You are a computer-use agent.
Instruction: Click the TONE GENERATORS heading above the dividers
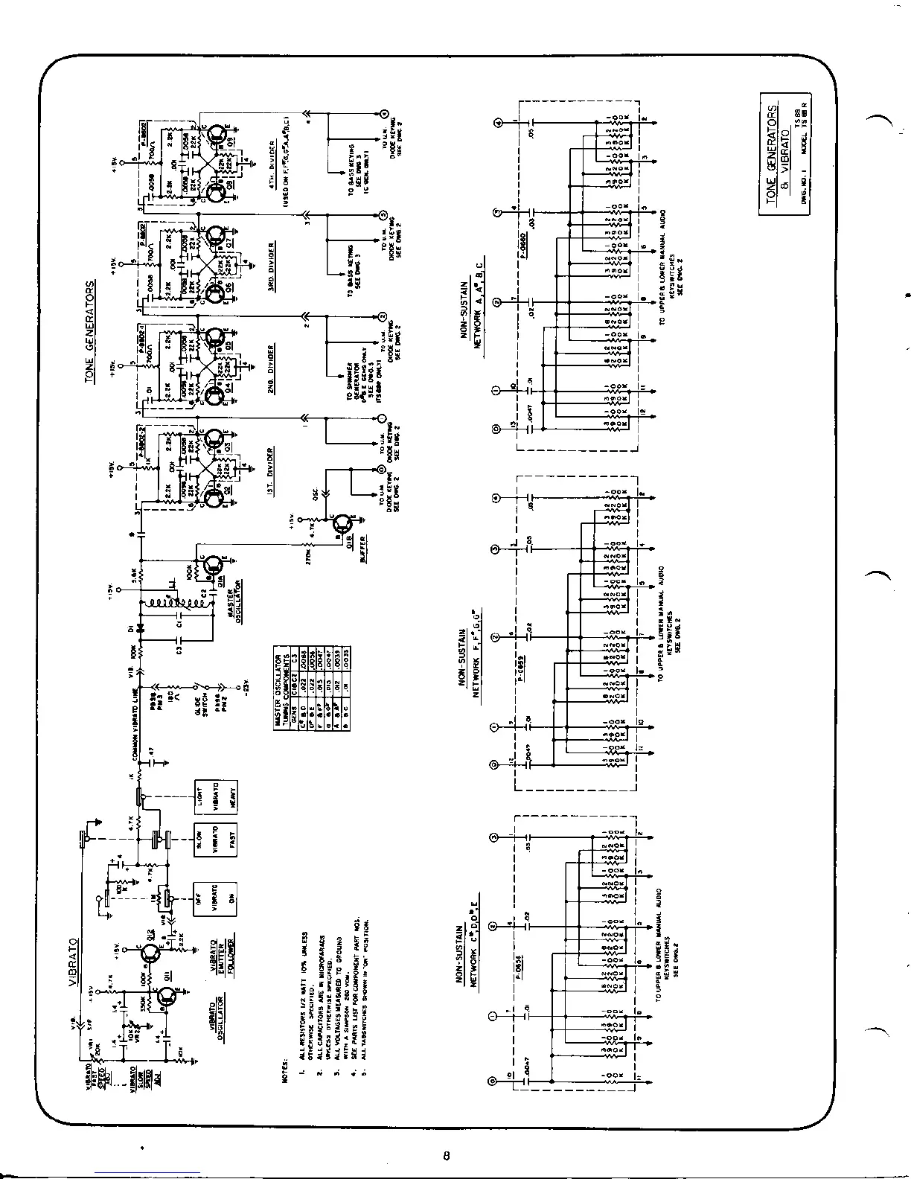90,331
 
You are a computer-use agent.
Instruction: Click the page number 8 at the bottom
446,1156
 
